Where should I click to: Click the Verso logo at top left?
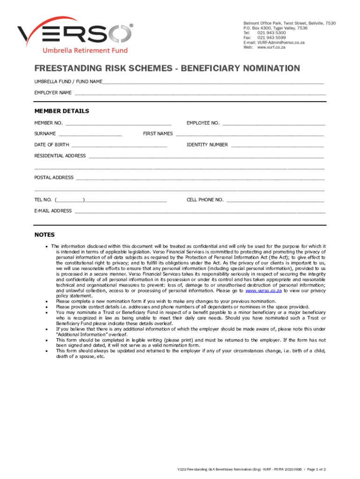pos(75,37)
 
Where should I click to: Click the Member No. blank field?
pos(118,123)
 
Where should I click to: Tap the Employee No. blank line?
pos(274,123)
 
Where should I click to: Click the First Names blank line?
pos(250,134)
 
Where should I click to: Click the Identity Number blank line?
pos(277,145)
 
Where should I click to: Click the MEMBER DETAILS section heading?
pos(62,111)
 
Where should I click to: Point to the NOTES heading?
pos(44,235)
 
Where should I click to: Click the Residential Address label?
pos(60,156)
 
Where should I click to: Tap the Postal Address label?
pos(54,178)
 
